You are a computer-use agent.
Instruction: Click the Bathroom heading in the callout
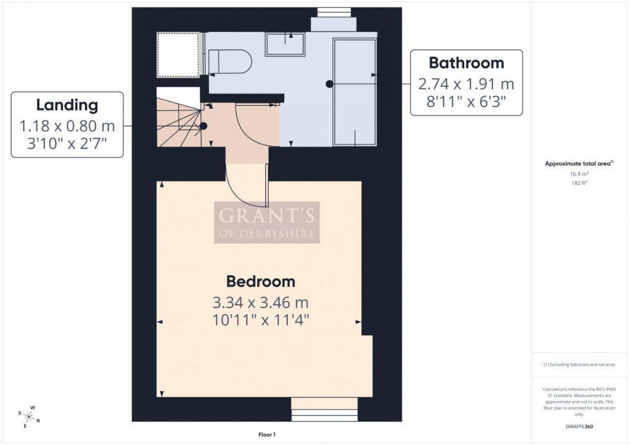pyautogui.click(x=466, y=63)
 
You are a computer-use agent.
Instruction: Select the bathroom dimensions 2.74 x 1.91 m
pyautogui.click(x=466, y=84)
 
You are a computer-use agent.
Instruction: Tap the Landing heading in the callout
pyautogui.click(x=67, y=105)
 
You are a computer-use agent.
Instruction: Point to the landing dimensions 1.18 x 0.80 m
pyautogui.click(x=67, y=126)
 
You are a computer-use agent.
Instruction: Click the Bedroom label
pyautogui.click(x=260, y=281)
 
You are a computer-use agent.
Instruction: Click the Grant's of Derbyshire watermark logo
pyautogui.click(x=266, y=222)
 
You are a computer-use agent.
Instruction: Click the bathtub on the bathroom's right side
pyautogui.click(x=354, y=92)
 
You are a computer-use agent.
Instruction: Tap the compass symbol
pyautogui.click(x=29, y=416)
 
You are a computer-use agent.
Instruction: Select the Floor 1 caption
pyautogui.click(x=266, y=435)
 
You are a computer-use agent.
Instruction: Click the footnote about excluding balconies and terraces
pyautogui.click(x=579, y=365)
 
